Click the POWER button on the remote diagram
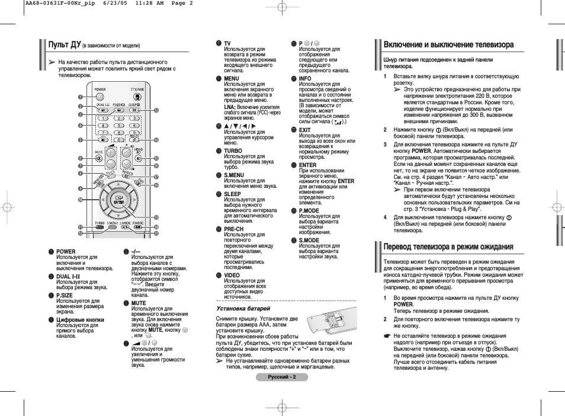(99, 95)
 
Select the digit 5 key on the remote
(118, 125)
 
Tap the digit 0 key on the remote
(118, 140)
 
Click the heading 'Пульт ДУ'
(65, 44)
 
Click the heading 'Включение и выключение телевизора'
(448, 44)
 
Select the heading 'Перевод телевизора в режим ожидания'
(448, 247)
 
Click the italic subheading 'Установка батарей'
(243, 308)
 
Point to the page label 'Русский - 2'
(282, 377)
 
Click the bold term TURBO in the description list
(233, 151)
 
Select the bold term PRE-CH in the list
(233, 228)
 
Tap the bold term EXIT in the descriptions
(304, 130)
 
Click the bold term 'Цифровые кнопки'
(80, 319)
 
